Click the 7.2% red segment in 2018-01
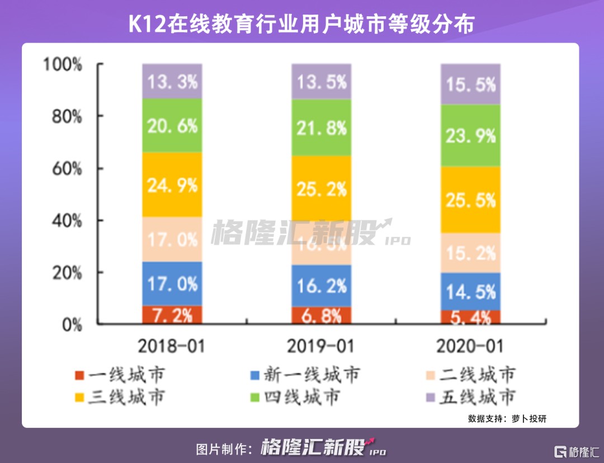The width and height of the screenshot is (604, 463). [x=172, y=315]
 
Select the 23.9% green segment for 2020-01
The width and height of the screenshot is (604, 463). [x=470, y=135]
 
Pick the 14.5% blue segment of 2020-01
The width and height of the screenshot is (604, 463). [x=470, y=291]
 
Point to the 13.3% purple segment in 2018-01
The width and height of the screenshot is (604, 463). [x=172, y=81]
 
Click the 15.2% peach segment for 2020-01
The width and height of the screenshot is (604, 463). [x=470, y=253]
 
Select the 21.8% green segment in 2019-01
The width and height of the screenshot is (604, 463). [x=321, y=127]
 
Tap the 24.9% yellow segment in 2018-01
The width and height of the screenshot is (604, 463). [x=172, y=185]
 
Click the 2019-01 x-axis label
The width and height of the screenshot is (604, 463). [x=321, y=346]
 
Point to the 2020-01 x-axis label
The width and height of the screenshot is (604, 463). [x=470, y=346]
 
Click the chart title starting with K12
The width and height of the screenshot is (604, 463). [x=301, y=24]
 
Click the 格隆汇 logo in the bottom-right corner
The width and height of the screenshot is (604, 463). [x=575, y=451]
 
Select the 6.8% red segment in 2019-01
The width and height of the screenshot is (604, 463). [x=321, y=315]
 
